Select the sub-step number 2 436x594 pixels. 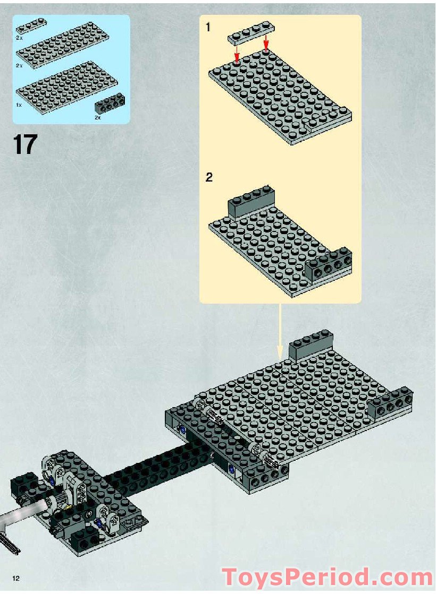209,177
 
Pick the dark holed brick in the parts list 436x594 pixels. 110,104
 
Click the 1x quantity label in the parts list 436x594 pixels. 19,105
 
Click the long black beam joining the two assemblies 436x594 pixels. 160,467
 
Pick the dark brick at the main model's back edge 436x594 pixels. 311,345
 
